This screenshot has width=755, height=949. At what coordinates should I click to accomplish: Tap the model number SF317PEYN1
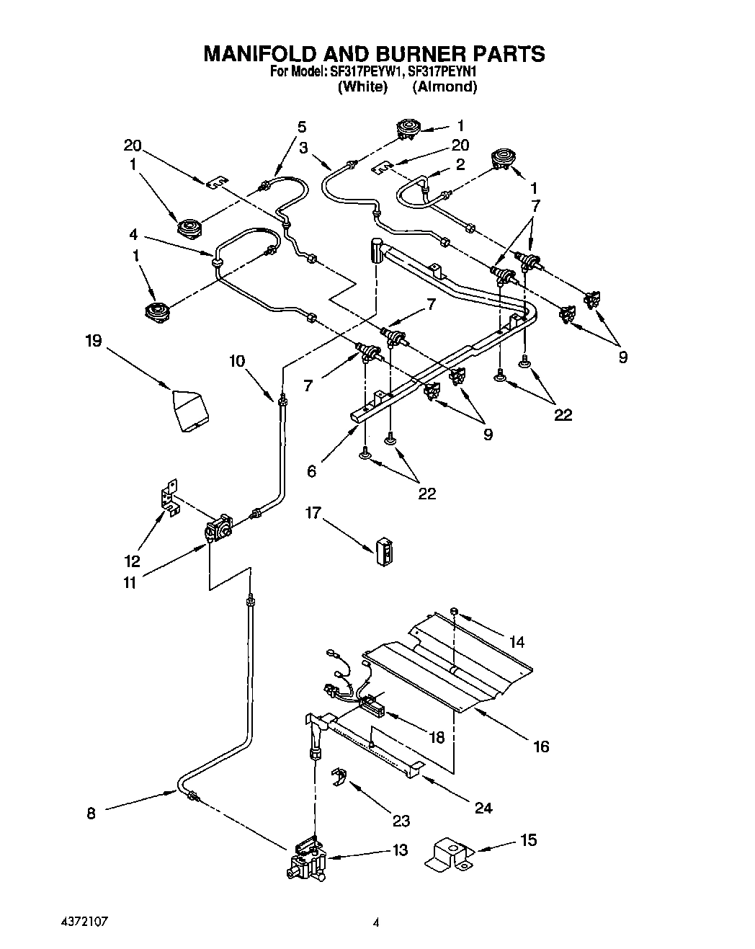442,71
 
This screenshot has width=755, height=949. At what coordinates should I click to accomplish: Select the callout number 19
94,340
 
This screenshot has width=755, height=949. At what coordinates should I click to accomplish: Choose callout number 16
540,747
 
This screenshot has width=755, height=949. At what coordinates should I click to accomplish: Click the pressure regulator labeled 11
218,530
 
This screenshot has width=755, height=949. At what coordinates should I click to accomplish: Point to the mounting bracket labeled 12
170,498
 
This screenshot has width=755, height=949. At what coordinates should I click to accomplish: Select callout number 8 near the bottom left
91,813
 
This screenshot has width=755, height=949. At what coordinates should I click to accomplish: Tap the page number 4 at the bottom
376,921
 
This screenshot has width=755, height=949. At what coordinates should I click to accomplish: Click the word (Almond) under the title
444,86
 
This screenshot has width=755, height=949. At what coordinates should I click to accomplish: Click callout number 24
483,808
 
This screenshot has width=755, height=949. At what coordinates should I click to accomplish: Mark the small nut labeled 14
455,612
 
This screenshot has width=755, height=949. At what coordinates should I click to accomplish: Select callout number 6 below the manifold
311,471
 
